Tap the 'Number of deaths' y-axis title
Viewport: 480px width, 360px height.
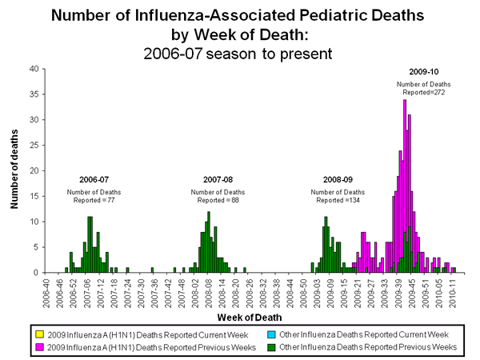click(x=14, y=170)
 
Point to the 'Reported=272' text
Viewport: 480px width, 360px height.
click(x=424, y=93)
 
